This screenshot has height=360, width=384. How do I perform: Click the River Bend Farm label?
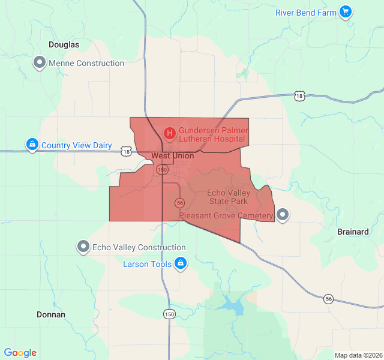click(x=305, y=13)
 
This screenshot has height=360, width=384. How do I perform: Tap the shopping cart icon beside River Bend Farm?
click(x=345, y=11)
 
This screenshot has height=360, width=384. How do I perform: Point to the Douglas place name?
click(x=64, y=44)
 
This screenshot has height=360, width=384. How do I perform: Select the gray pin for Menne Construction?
click(x=40, y=62)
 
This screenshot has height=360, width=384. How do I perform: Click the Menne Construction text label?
click(x=86, y=63)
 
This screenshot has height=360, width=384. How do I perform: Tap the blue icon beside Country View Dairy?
click(x=32, y=145)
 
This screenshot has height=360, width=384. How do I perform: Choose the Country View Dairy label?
click(x=77, y=145)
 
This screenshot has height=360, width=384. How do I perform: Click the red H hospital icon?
click(x=170, y=133)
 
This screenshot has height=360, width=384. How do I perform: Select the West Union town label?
click(x=173, y=156)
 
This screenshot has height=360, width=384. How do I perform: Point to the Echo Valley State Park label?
click(x=227, y=197)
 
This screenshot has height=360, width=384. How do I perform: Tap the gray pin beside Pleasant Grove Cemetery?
click(x=283, y=215)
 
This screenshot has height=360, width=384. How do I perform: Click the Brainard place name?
click(x=353, y=232)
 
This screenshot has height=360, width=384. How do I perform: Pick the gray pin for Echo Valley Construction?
click(x=83, y=247)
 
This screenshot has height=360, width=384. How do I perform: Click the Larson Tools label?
click(x=147, y=264)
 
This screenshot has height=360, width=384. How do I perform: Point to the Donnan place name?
click(x=51, y=314)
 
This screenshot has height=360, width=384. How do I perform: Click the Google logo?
click(x=20, y=353)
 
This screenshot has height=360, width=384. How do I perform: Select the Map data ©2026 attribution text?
click(x=358, y=355)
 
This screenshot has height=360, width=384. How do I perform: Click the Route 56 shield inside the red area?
click(x=179, y=202)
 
